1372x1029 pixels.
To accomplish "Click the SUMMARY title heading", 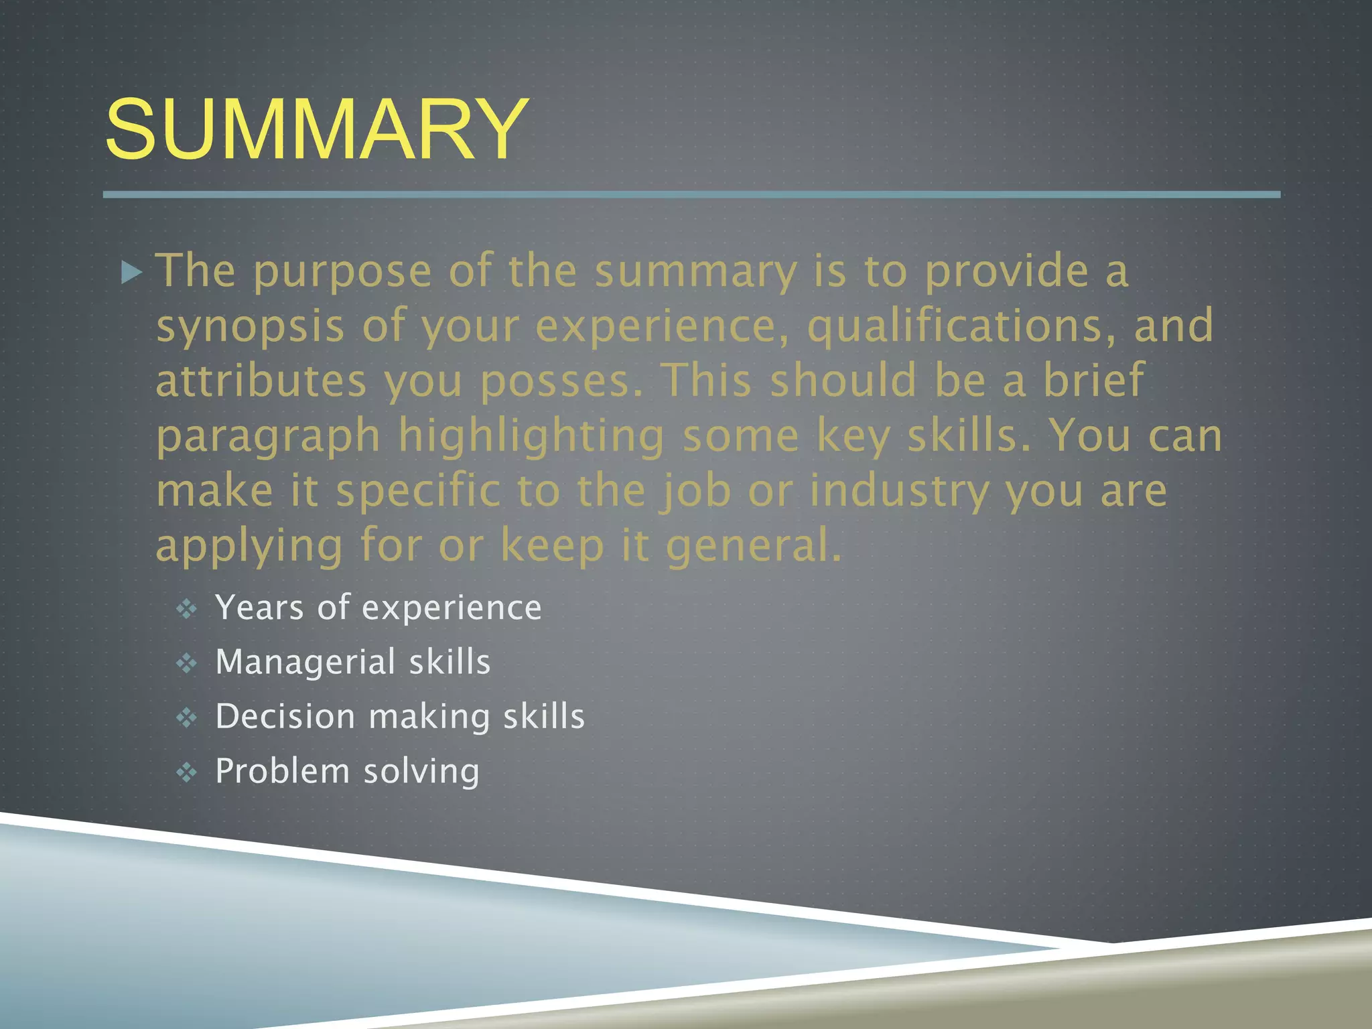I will point(316,129).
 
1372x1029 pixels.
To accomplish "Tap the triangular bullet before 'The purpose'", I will point(133,273).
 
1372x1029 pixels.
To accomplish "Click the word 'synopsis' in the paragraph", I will point(250,327).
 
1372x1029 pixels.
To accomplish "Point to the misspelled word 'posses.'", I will point(561,382).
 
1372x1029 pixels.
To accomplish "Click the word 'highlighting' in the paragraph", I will point(531,437).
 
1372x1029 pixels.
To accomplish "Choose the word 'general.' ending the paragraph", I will point(753,545).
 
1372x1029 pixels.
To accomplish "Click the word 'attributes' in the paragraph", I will point(261,382).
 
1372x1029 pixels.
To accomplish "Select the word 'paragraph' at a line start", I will point(268,437).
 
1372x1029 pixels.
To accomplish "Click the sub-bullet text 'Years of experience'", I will point(378,608).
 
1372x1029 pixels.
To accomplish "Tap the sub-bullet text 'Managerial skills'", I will point(353,663).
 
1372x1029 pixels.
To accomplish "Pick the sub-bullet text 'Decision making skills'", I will point(400,717).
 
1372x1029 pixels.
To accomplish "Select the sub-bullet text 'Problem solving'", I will point(347,772).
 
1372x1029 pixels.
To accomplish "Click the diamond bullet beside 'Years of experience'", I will point(186,609).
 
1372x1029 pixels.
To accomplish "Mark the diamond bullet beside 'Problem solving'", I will point(186,773).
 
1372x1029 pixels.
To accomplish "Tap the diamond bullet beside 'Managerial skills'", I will point(186,664).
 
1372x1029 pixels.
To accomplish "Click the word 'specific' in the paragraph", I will point(418,492).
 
